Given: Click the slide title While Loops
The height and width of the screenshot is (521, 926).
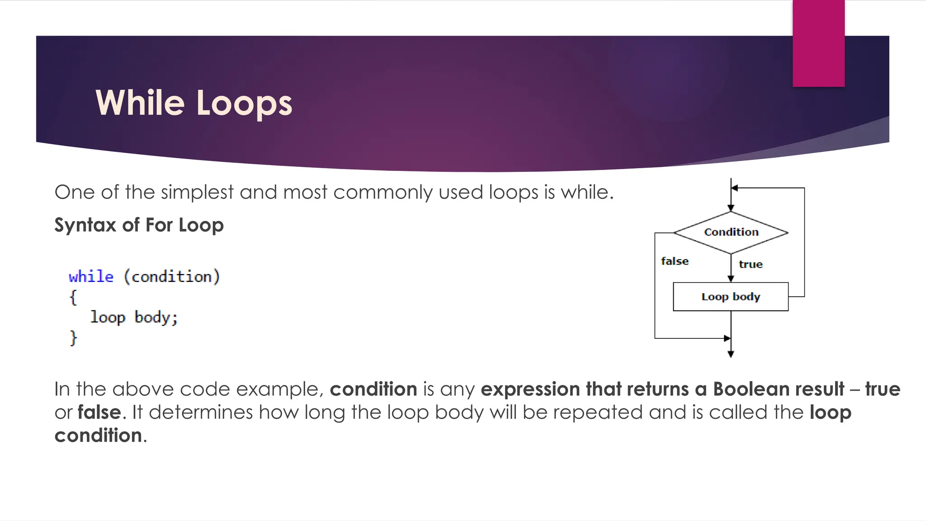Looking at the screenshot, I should pyautogui.click(x=194, y=103).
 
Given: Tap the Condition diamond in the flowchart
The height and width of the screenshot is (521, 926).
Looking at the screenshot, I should pyautogui.click(x=731, y=232).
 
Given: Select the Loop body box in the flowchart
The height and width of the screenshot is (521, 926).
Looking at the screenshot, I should pyautogui.click(x=731, y=297).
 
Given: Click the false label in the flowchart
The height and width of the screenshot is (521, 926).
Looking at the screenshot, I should pyautogui.click(x=675, y=261).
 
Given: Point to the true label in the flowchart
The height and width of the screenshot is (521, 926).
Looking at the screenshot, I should pyautogui.click(x=751, y=264).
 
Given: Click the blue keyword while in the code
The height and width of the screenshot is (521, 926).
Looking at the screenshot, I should pyautogui.click(x=91, y=276).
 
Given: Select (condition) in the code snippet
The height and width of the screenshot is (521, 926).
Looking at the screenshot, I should pyautogui.click(x=172, y=276).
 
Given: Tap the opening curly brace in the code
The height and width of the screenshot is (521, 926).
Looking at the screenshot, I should pyautogui.click(x=73, y=297).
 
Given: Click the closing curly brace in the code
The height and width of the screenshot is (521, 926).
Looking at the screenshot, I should pyautogui.click(x=73, y=338).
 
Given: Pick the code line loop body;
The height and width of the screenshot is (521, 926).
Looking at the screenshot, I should pyautogui.click(x=134, y=317).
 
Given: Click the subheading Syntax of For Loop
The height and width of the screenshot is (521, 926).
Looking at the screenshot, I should pyautogui.click(x=139, y=225).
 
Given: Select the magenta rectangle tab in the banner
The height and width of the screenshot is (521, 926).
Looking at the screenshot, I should pyautogui.click(x=818, y=43).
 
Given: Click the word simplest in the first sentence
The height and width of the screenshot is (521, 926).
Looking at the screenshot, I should pyautogui.click(x=197, y=193).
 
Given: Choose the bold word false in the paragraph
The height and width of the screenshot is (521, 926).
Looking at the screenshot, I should pyautogui.click(x=99, y=412).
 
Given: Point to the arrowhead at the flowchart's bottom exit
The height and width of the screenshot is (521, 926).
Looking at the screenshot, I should pyautogui.click(x=731, y=354).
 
